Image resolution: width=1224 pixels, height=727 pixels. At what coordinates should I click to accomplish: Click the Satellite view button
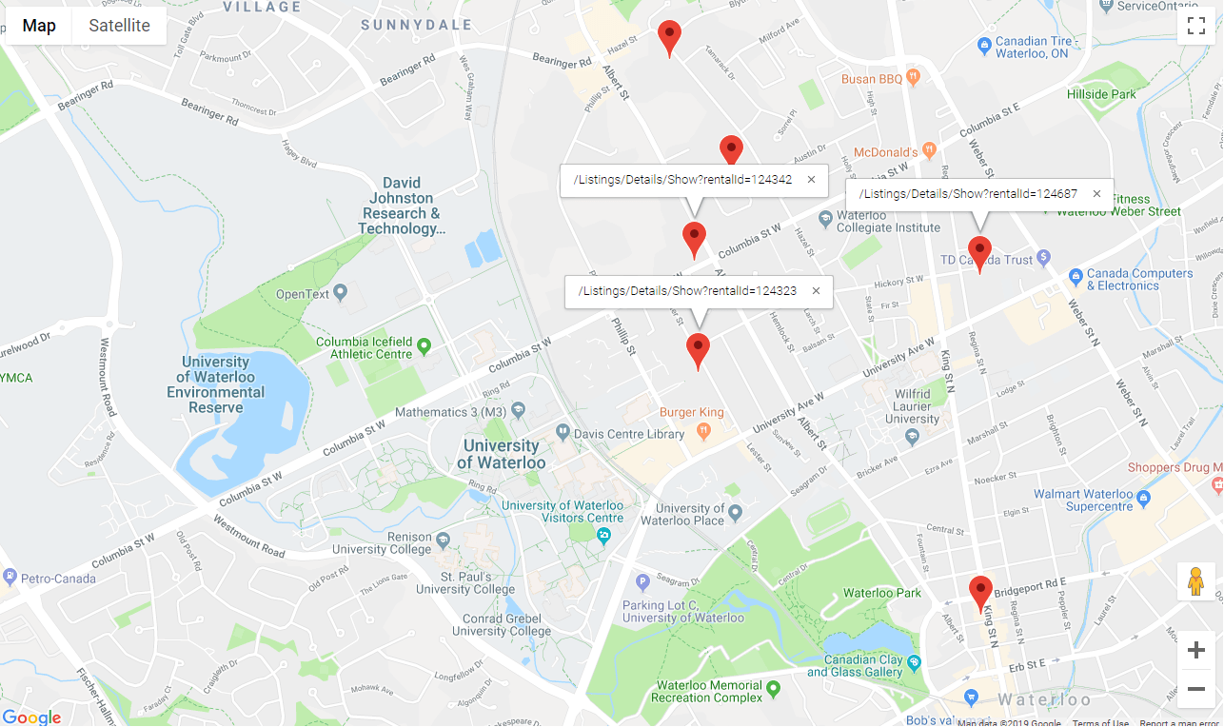click(x=119, y=26)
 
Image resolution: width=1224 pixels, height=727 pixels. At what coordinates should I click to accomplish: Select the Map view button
click(x=39, y=26)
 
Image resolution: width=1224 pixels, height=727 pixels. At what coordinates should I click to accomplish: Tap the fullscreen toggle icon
click(x=1196, y=26)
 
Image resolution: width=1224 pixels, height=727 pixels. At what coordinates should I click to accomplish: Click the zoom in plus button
click(x=1196, y=651)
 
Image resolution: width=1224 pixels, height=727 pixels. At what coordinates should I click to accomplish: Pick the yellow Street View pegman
click(x=1196, y=580)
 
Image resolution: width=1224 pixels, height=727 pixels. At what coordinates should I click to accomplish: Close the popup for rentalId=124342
click(x=811, y=180)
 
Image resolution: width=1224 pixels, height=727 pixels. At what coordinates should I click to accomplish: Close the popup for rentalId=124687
click(x=1096, y=194)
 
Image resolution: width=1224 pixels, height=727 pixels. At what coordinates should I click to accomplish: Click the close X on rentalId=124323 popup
click(x=816, y=291)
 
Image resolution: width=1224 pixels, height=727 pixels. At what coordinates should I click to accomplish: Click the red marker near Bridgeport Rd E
click(x=980, y=592)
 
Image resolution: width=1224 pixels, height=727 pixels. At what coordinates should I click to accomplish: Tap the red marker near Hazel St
click(x=670, y=36)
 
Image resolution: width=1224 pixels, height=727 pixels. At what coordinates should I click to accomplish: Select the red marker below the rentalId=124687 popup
click(x=979, y=252)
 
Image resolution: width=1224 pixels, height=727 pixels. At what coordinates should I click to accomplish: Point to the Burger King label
click(x=692, y=413)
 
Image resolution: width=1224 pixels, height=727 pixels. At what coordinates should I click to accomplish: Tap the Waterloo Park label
click(x=882, y=593)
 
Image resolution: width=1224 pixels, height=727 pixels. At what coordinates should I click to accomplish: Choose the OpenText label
click(x=303, y=294)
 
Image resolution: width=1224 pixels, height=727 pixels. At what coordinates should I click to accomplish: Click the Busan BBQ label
click(x=872, y=79)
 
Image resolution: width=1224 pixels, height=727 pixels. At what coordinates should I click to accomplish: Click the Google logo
click(x=31, y=717)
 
